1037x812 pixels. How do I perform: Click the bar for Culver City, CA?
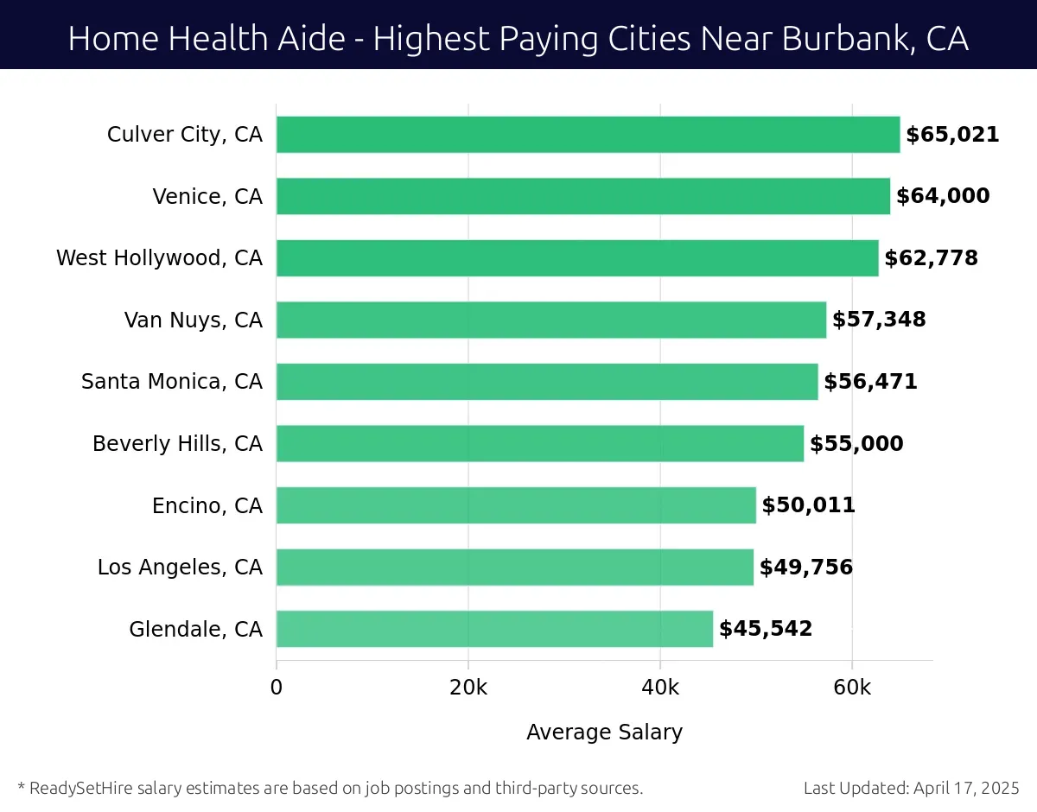588,135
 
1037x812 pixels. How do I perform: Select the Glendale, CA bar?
494,629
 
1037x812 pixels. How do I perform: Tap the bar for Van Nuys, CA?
551,320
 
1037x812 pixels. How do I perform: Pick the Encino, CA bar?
516,505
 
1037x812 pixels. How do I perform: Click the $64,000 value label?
943,196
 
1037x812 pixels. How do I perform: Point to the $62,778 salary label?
931,258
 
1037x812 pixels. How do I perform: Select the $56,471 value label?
870,382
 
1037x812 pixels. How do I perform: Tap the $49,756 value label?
805,568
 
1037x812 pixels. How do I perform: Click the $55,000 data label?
856,444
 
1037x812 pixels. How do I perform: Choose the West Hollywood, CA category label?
159,258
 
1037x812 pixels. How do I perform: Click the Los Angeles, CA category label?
180,568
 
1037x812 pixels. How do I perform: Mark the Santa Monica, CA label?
171,382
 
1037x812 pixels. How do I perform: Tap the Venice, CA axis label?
207,197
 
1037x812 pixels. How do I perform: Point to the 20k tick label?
468,688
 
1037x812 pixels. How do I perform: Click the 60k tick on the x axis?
852,688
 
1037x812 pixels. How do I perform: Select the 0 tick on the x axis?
277,688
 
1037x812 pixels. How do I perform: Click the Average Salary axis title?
604,733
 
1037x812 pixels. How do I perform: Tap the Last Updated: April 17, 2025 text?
911,788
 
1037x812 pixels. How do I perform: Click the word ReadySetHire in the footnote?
80,788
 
